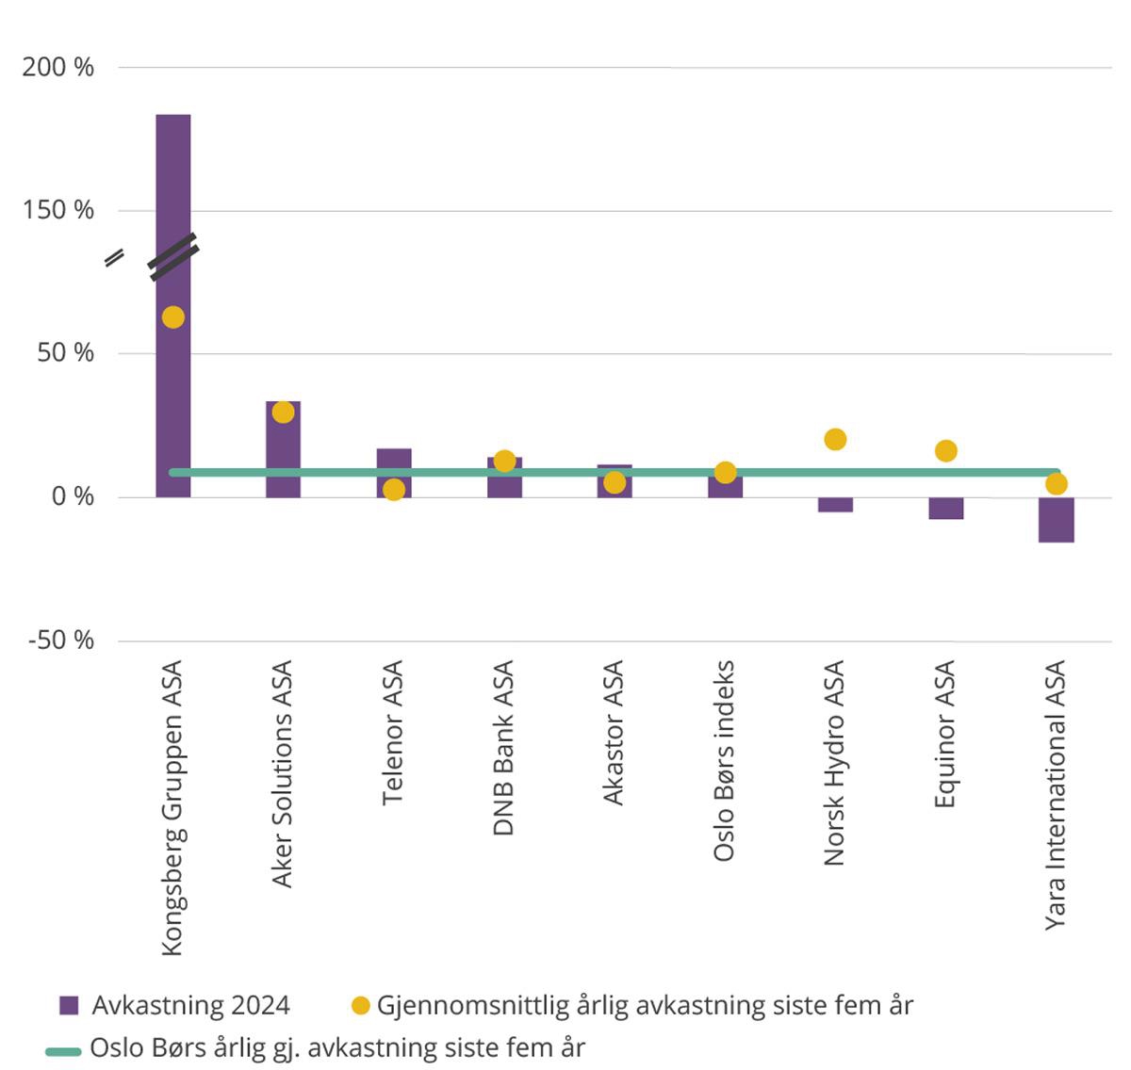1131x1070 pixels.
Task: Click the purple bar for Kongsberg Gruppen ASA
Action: (173, 188)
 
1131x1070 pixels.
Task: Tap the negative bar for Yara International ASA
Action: (1057, 520)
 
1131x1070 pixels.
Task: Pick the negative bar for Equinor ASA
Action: (946, 509)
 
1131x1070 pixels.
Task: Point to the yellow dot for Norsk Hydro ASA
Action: (835, 439)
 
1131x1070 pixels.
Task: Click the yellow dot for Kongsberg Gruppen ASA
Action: (172, 317)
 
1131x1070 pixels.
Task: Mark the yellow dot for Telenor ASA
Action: (394, 490)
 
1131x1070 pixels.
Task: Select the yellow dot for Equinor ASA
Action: (946, 451)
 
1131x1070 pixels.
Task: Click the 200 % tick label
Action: (58, 68)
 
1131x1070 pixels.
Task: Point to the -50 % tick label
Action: (61, 640)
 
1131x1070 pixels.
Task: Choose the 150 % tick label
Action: (58, 210)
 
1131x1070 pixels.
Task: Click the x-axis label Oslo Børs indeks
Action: (724, 761)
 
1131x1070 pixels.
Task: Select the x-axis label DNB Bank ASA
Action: (504, 748)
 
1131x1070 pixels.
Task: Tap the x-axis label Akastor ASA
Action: (614, 734)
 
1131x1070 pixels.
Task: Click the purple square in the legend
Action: (68, 1005)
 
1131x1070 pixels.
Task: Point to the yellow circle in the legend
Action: (360, 1005)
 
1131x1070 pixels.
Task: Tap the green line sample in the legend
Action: (64, 1048)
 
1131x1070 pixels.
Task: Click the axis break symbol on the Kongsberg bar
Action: (173, 256)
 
